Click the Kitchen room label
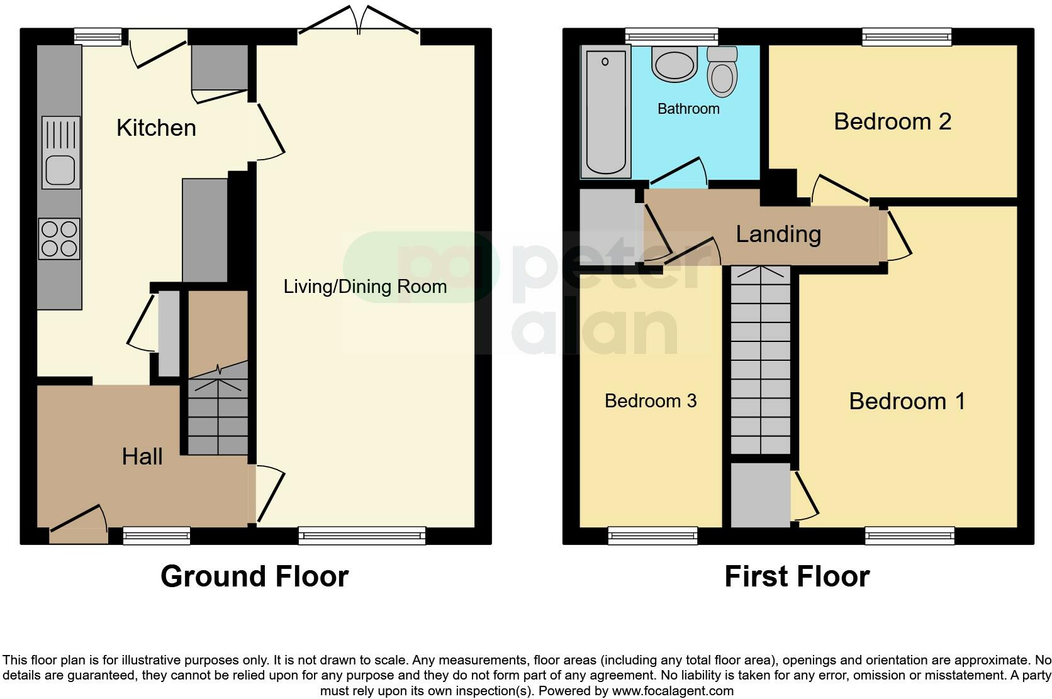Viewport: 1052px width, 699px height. tap(156, 128)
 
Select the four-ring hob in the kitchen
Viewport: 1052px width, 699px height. tap(60, 239)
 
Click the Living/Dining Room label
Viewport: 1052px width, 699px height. tap(365, 287)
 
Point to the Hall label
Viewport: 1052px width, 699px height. tap(142, 456)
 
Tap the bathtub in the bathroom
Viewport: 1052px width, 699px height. tap(606, 113)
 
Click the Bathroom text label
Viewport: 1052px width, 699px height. tap(688, 109)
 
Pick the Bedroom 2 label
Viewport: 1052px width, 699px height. tap(892, 121)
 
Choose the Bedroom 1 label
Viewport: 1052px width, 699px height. tap(907, 401)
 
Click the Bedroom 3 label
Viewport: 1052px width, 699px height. tap(651, 401)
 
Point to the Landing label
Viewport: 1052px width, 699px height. tap(778, 234)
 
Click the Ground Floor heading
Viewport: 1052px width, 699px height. tap(254, 576)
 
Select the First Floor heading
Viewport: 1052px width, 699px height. tap(797, 576)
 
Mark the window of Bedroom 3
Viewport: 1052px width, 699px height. tap(652, 536)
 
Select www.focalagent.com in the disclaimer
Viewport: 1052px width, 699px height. tap(673, 691)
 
